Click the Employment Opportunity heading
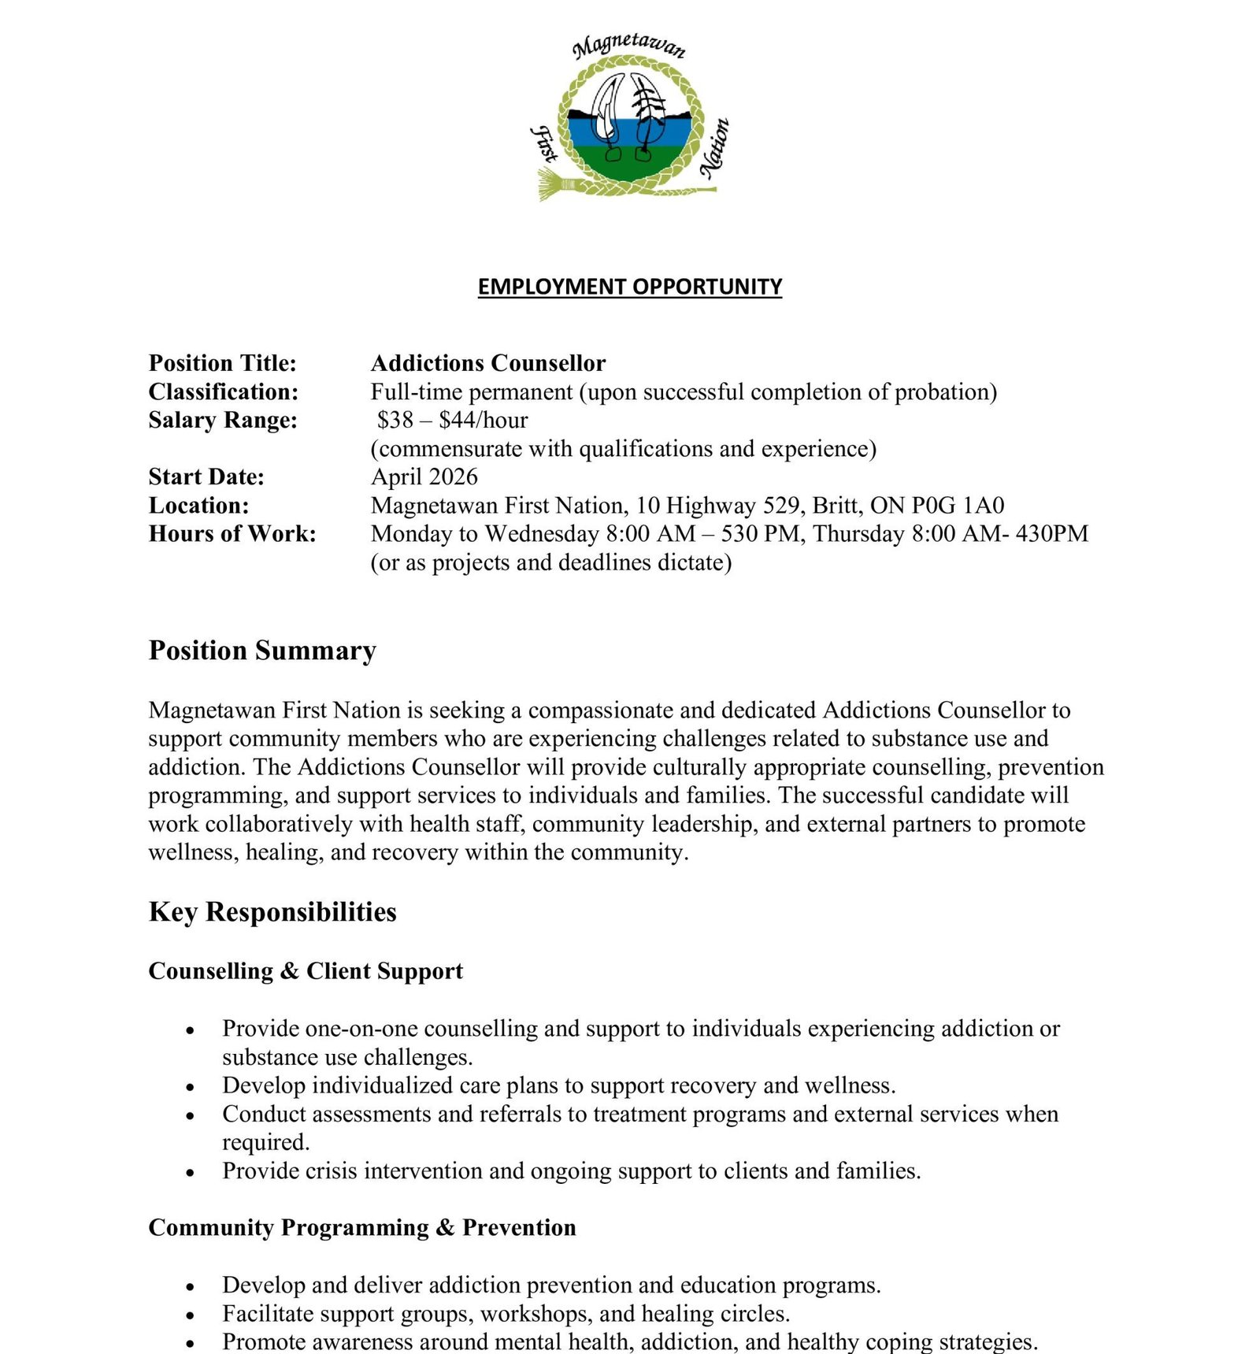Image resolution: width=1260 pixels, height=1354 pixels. click(629, 286)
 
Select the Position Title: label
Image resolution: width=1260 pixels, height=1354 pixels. click(222, 363)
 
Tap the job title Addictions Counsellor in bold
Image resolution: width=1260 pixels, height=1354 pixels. click(487, 363)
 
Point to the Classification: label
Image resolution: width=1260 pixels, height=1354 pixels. click(224, 391)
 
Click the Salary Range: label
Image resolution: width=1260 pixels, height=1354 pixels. click(223, 420)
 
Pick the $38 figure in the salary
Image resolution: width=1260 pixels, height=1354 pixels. click(395, 420)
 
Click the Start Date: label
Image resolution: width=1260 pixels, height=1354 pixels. click(206, 477)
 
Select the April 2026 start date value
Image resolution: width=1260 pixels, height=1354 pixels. click(424, 477)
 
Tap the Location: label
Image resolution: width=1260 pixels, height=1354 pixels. click(198, 505)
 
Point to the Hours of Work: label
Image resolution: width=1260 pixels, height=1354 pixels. click(232, 533)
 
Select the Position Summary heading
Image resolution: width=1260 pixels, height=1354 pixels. click(262, 651)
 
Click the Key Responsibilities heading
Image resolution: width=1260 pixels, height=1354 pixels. click(272, 911)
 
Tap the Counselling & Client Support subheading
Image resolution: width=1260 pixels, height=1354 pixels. click(306, 970)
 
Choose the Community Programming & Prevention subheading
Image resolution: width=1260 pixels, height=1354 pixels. click(362, 1227)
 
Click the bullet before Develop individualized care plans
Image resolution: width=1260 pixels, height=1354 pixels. click(190, 1087)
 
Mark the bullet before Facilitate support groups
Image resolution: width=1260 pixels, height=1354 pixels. click(190, 1315)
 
